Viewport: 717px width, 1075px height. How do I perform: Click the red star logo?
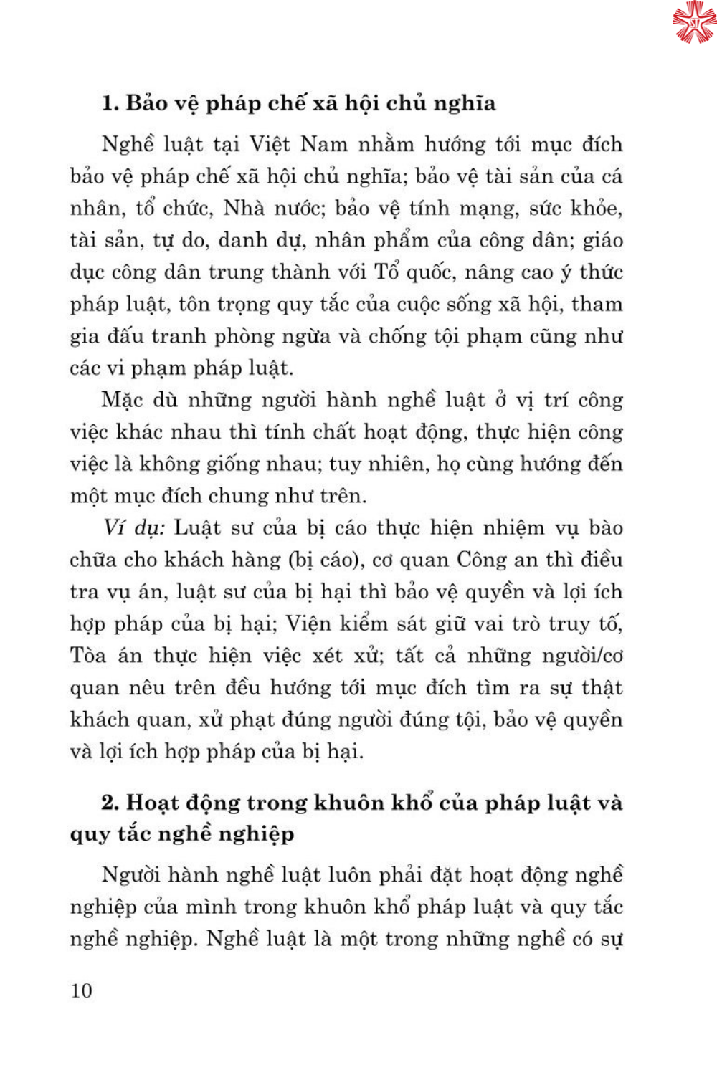point(693,21)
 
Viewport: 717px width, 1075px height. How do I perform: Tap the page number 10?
point(81,990)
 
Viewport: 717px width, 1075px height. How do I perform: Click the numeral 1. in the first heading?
point(110,103)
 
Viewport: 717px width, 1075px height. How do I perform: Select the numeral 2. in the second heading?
point(110,803)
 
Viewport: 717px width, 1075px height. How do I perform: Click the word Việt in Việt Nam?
point(270,144)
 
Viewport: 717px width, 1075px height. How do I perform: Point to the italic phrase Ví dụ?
point(134,528)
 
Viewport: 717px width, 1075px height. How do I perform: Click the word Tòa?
point(87,656)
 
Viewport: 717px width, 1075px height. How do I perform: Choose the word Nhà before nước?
point(244,208)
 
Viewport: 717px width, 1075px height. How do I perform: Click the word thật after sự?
point(602,687)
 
